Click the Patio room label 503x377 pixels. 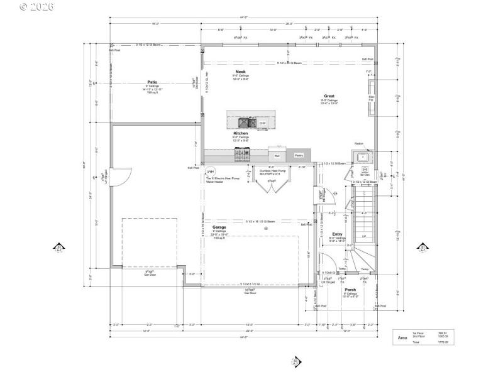tap(152, 82)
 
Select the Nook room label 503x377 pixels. tap(241, 72)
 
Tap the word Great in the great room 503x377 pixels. tap(329, 96)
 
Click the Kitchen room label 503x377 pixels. tap(241, 134)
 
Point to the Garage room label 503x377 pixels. tap(219, 227)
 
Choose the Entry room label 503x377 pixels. tap(338, 234)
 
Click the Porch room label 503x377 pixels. tap(350, 289)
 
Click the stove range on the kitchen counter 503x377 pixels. tap(242, 153)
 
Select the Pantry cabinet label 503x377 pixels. tap(299, 155)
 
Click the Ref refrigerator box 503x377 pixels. tap(277, 155)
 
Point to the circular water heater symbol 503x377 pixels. tap(211, 171)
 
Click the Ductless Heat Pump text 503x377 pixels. tap(273, 170)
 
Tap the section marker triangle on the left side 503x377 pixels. tap(60, 247)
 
